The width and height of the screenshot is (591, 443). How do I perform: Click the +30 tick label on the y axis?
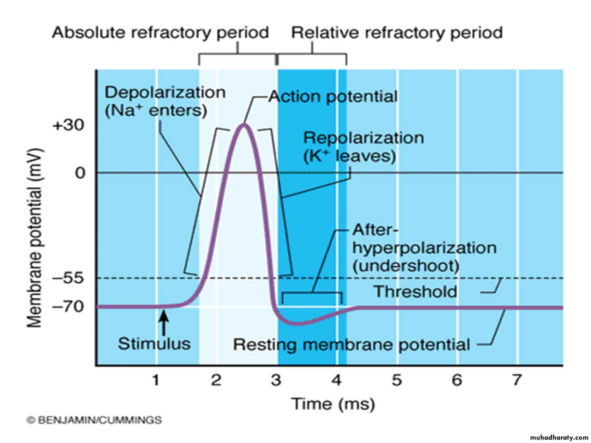(x=68, y=125)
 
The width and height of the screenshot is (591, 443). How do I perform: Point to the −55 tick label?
(x=68, y=278)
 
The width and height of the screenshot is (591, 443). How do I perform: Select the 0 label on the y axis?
(x=80, y=173)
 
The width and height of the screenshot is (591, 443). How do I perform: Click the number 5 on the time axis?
(x=397, y=380)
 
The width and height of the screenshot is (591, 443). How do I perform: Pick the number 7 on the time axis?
(x=516, y=380)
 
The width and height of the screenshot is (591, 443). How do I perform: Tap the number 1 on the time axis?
(x=156, y=380)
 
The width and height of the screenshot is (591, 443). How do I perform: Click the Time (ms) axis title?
(x=333, y=404)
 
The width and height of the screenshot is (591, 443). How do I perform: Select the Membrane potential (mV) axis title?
(x=35, y=238)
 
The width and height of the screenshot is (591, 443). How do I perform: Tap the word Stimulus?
(x=154, y=344)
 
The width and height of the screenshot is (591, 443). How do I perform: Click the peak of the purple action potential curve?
(x=244, y=125)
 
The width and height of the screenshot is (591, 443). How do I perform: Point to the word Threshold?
(x=415, y=291)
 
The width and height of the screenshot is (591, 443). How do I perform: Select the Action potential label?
(x=333, y=97)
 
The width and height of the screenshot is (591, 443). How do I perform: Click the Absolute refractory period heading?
(x=160, y=33)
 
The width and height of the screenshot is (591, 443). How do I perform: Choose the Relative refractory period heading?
(x=397, y=33)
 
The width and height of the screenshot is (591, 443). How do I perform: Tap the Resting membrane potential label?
(x=351, y=345)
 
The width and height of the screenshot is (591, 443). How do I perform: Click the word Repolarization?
(x=363, y=138)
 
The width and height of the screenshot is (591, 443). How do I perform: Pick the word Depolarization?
(x=165, y=92)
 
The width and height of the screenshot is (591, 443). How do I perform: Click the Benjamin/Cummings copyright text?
(x=94, y=420)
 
